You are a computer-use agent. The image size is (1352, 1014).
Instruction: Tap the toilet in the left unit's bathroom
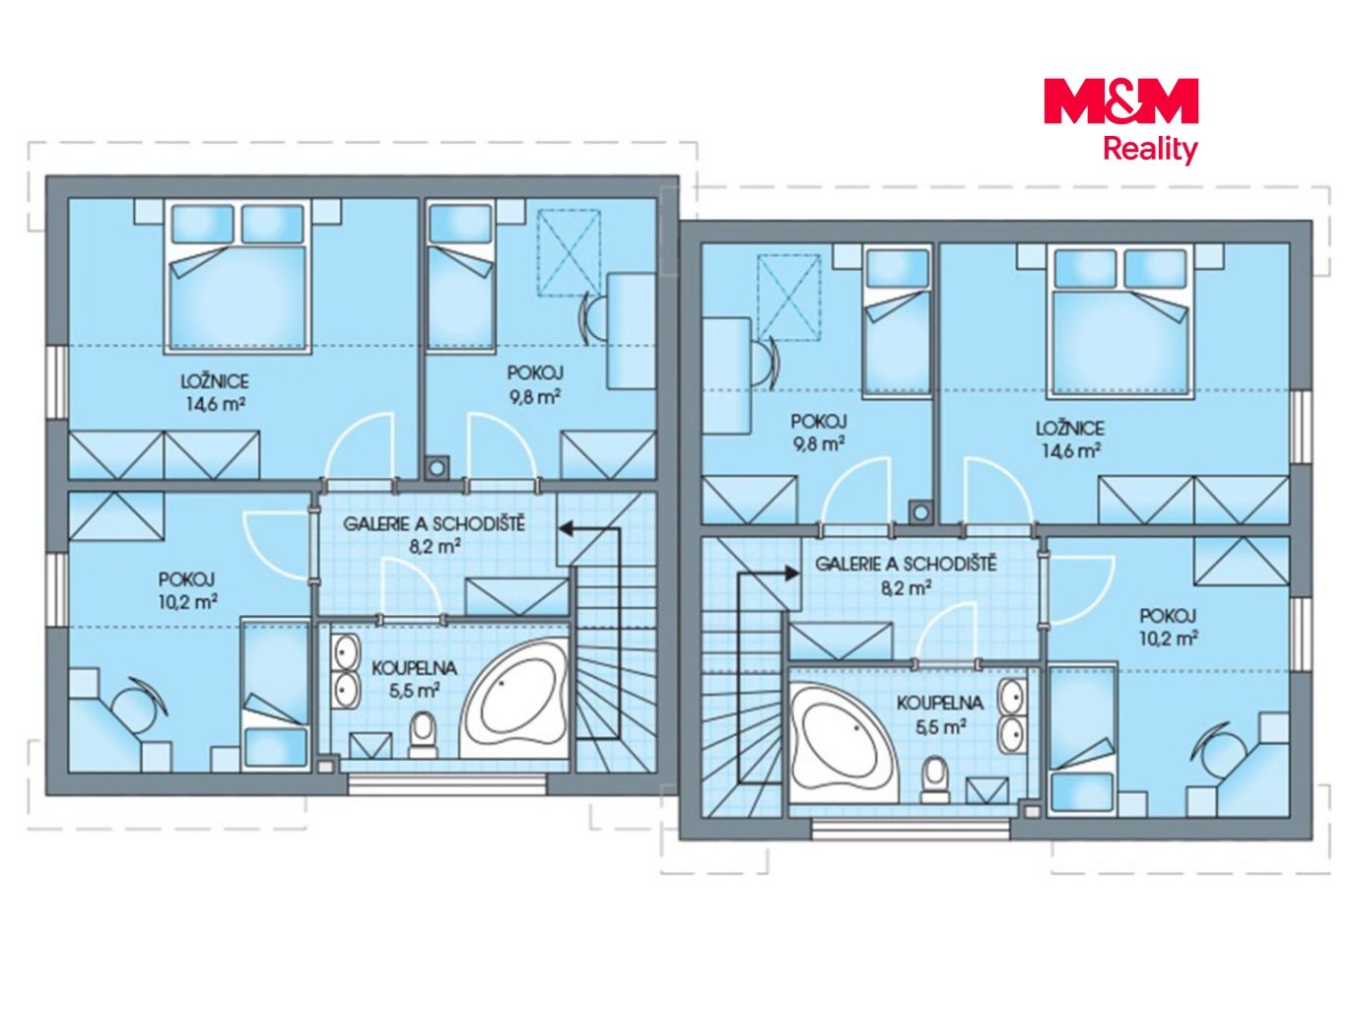(x=422, y=734)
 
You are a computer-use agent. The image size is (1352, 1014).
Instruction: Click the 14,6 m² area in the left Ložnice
(x=216, y=404)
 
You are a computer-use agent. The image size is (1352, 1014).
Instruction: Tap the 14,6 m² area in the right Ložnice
(x=1070, y=450)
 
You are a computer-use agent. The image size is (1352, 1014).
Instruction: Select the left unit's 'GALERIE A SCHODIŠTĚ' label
(x=434, y=524)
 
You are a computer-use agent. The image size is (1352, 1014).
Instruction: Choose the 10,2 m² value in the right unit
(x=1168, y=639)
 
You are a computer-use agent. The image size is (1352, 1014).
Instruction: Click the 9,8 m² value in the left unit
(x=535, y=396)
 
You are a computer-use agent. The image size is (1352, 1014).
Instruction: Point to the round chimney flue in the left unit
(x=438, y=467)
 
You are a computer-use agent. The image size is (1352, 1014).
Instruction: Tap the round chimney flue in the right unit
(x=920, y=511)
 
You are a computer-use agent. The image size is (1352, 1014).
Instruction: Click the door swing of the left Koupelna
(x=411, y=585)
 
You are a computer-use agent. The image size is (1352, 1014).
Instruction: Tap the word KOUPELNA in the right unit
(x=939, y=703)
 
